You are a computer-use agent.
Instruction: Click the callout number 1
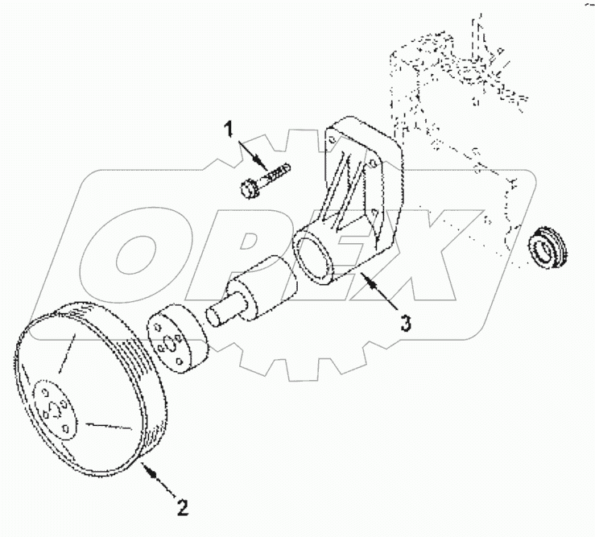pos(229,129)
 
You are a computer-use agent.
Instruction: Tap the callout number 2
pos(183,507)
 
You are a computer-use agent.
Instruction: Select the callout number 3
pos(407,324)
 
